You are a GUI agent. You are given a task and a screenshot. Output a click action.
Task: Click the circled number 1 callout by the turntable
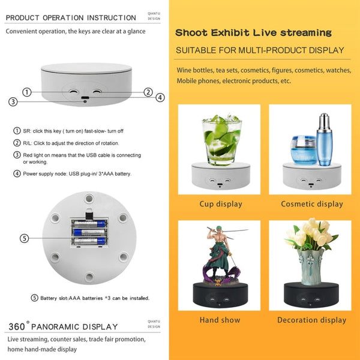coord(27,92)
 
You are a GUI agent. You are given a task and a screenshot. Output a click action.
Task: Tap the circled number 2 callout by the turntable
coord(148,92)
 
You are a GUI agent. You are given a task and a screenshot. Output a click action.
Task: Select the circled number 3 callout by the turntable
coord(13,102)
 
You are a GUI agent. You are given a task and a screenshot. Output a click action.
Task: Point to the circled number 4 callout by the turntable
coord(160,97)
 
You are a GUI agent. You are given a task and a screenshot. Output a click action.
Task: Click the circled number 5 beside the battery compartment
coord(25,238)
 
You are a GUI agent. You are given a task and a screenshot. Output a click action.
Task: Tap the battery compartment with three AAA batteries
coord(89,232)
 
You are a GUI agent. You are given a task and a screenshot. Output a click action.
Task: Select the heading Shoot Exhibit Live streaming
coord(253,32)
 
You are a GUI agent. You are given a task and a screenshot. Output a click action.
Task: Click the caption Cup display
coord(221,204)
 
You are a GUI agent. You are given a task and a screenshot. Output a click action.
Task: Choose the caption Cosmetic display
coord(312,204)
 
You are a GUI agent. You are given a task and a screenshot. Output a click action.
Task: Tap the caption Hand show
coord(220,320)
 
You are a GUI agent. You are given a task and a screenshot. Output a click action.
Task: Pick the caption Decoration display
coord(312,320)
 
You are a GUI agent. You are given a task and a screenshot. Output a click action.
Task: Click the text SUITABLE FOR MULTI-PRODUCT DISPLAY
coord(260,50)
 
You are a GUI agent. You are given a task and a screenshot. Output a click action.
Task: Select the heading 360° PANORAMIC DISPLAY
coord(63,327)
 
